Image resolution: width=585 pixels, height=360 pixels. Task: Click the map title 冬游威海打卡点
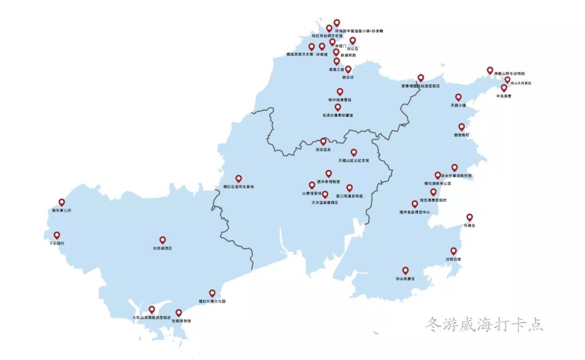pos(484,325)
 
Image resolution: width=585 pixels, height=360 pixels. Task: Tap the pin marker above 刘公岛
pos(353,41)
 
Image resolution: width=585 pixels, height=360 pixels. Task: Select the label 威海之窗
pos(336,70)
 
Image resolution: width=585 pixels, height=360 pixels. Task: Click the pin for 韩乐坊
pos(348,69)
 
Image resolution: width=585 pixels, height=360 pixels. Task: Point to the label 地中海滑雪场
pos(340,100)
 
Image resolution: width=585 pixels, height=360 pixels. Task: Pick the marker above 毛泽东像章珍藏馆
pos(337,107)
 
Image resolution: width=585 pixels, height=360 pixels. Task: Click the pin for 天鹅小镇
pos(458,97)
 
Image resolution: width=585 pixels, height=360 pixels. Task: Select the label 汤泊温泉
pos(323,149)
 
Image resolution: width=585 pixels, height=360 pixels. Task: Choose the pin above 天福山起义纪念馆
pos(354,153)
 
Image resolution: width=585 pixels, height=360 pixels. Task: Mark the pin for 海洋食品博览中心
pos(415,204)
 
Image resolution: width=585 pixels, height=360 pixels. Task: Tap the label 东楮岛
pos(469,225)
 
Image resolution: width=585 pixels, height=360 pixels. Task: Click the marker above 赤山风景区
pos(405,270)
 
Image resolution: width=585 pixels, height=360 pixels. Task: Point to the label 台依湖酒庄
pos(162,248)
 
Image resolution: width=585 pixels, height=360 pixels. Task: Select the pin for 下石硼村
pos(57,235)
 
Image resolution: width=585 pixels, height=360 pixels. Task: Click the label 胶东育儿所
pos(61,210)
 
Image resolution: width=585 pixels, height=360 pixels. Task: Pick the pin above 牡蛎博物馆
pos(179,313)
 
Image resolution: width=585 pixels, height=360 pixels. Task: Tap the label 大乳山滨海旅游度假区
pos(152,317)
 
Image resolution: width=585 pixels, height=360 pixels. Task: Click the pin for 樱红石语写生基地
pos(238,179)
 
